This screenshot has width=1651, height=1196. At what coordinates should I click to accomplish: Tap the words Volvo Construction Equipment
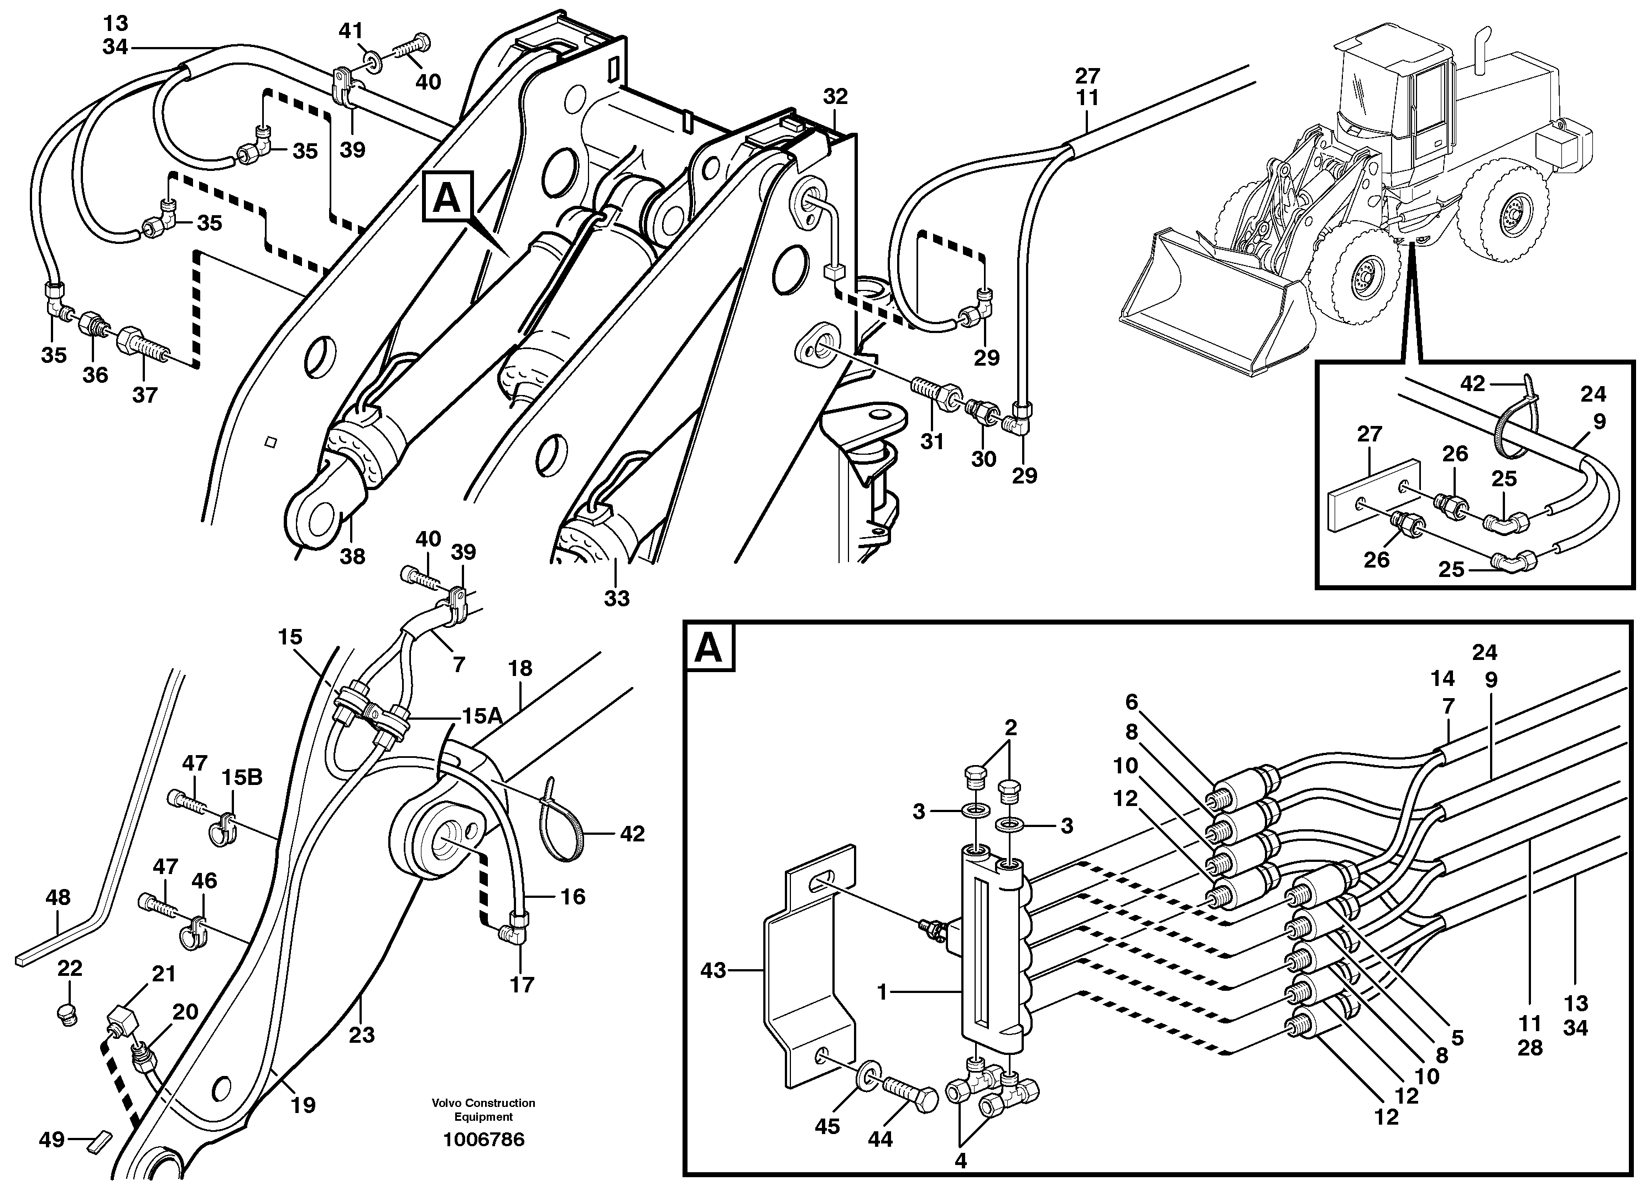tap(483, 1109)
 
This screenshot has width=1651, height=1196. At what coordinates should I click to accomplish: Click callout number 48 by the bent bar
tap(58, 897)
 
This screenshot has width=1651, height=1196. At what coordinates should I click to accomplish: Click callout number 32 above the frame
tap(836, 96)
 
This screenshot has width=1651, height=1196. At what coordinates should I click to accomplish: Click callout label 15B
tap(242, 777)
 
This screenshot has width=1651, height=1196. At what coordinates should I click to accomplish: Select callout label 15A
tap(482, 716)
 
